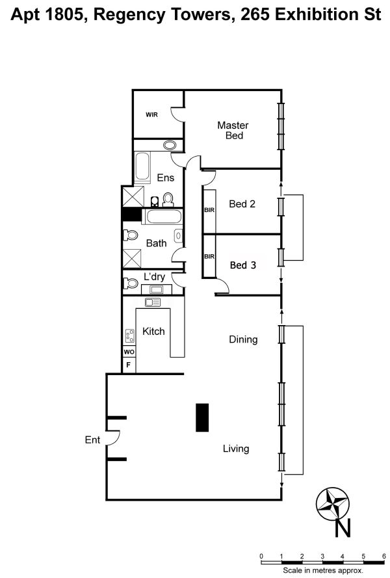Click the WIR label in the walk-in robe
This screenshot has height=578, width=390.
click(151, 114)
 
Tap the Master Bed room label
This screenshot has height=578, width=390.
click(233, 130)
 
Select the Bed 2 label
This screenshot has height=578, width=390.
click(242, 204)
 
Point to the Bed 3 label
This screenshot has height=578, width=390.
click(243, 265)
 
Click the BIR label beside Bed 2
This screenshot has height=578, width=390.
click(209, 210)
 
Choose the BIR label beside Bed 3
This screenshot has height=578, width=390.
click(209, 257)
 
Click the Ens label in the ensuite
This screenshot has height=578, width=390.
click(166, 177)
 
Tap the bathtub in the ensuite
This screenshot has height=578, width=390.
click(142, 167)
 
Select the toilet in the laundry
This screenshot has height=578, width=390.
click(130, 283)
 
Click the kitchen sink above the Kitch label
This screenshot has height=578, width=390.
click(153, 302)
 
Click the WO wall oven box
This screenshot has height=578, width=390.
click(129, 352)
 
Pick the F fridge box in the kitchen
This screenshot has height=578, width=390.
click(129, 365)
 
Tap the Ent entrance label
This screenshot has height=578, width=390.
click(92, 440)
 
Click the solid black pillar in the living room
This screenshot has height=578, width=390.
click(202, 417)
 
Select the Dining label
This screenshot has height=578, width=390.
click(243, 339)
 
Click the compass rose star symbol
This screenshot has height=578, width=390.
click(333, 503)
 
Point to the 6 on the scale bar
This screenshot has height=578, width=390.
click(384, 557)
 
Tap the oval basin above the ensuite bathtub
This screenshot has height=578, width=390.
click(170, 145)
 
